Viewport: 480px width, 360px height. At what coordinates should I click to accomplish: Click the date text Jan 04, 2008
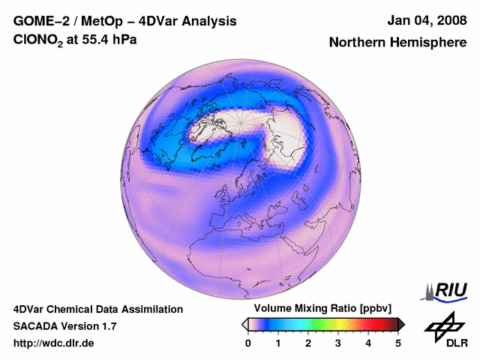426,20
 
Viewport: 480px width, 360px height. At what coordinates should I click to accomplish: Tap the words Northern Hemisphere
397,43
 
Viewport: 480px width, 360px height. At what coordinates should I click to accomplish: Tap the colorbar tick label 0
248,343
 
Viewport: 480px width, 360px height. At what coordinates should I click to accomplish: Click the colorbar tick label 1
278,343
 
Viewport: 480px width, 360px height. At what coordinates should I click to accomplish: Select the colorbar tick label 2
308,343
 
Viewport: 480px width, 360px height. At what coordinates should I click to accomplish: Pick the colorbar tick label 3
338,343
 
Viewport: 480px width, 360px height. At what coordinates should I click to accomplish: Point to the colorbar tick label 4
368,343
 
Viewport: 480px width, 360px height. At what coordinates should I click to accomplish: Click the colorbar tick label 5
398,343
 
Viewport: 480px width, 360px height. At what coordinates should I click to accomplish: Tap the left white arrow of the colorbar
244,324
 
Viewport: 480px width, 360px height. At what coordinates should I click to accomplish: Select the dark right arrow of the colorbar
401,324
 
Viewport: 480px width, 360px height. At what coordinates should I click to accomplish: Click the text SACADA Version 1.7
64,326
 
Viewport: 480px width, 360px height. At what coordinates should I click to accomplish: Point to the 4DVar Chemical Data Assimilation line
97,309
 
